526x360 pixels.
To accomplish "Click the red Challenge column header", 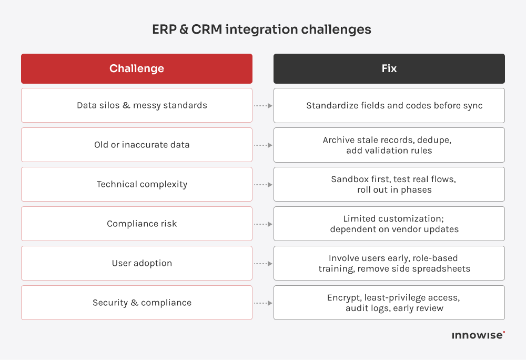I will [x=137, y=68].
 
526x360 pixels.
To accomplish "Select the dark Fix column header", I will [x=389, y=68].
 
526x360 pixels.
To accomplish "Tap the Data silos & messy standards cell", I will [x=137, y=105].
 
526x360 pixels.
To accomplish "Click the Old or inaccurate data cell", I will [x=137, y=145].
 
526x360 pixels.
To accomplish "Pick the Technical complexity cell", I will [x=137, y=184].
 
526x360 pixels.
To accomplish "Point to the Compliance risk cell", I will [x=137, y=224].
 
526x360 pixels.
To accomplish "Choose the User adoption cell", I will [x=137, y=263].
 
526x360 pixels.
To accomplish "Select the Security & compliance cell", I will [x=137, y=303].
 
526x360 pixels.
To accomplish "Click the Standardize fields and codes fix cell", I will [x=389, y=105].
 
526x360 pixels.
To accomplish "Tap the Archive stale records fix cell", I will [x=389, y=145].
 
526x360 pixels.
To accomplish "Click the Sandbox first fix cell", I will [x=389, y=184].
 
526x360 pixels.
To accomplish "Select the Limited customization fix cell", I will [x=389, y=224].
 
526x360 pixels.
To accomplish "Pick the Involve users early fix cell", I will [x=389, y=263].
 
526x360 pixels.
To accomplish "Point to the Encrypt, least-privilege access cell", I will [x=389, y=303].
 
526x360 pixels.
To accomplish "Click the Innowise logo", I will [x=478, y=335].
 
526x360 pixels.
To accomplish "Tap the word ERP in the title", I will [x=164, y=29].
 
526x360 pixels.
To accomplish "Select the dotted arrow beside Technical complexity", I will [x=263, y=185].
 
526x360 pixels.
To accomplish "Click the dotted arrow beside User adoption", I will [x=263, y=264].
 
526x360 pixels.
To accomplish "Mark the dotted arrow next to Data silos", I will [x=263, y=106].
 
